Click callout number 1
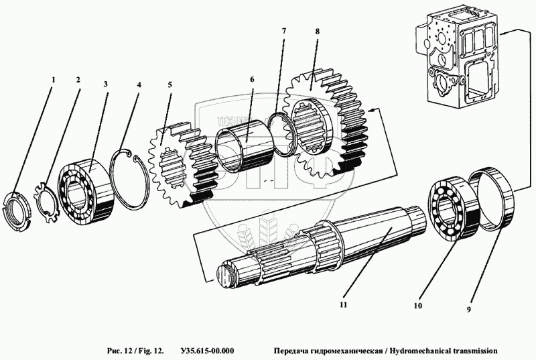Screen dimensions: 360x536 (x=54, y=79)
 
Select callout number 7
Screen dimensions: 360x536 (x=283, y=32)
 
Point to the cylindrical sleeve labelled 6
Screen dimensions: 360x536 (x=243, y=143)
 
